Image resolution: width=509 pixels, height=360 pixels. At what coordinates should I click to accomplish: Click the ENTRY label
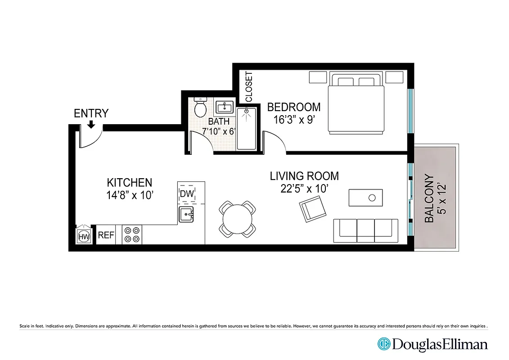91,113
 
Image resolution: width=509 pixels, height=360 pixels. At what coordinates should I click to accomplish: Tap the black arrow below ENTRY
91,124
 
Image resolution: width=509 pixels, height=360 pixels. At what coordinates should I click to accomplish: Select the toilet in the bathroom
200,107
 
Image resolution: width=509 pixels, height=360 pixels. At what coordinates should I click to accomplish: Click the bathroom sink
224,108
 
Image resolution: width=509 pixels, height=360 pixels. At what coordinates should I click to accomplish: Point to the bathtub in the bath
246,128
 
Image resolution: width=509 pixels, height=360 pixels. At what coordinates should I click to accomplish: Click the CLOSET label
249,86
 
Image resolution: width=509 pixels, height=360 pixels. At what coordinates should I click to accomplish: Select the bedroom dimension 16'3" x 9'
294,120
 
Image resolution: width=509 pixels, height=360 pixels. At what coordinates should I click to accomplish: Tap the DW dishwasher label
186,194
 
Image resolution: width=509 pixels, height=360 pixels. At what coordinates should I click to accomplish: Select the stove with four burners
132,235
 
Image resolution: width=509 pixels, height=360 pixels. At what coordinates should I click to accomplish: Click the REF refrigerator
106,235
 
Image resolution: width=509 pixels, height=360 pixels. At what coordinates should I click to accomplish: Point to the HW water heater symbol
84,236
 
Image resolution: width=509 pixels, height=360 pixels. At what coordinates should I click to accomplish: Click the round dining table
237,219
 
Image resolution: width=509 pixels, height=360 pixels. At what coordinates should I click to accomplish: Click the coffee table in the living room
366,198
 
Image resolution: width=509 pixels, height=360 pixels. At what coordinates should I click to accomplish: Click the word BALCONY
429,198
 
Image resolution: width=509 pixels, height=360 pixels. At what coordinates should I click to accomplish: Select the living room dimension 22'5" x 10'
304,189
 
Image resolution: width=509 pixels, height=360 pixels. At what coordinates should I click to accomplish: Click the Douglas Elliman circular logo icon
384,344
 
